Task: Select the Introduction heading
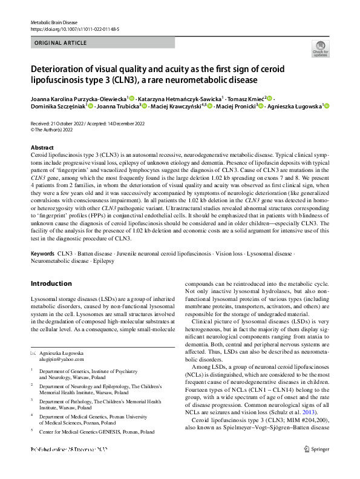[51, 283]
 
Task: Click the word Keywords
[43, 253]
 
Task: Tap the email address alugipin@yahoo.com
[62, 358]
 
